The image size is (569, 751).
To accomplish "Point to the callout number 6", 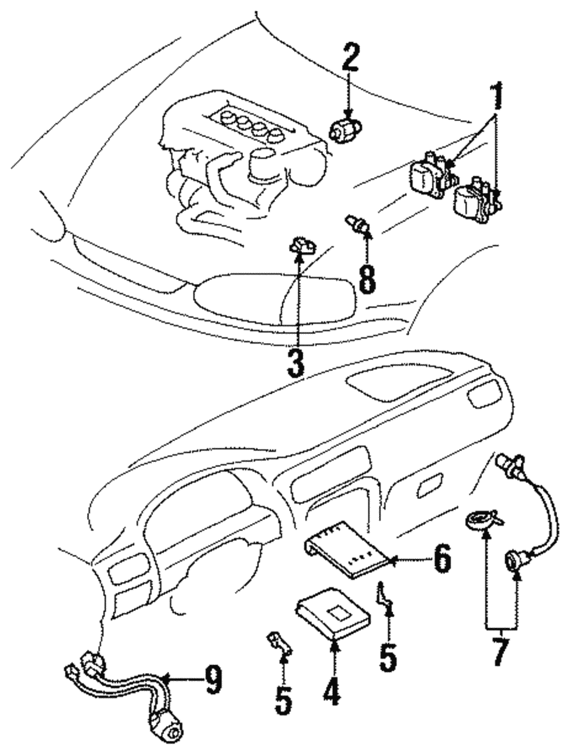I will coord(441,559).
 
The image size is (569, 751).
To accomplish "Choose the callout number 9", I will coord(213,679).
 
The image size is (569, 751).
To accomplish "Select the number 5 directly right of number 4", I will coord(388,655).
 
